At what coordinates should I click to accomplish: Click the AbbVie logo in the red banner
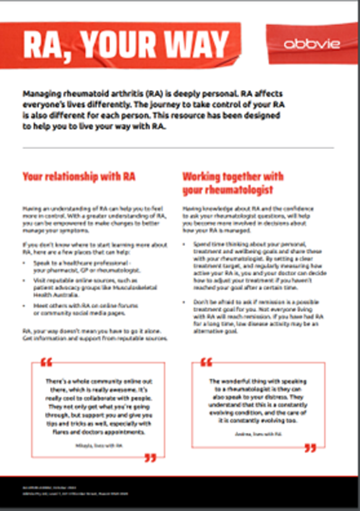tap(306, 43)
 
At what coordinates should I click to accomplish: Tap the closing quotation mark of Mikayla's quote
tap(150, 456)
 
